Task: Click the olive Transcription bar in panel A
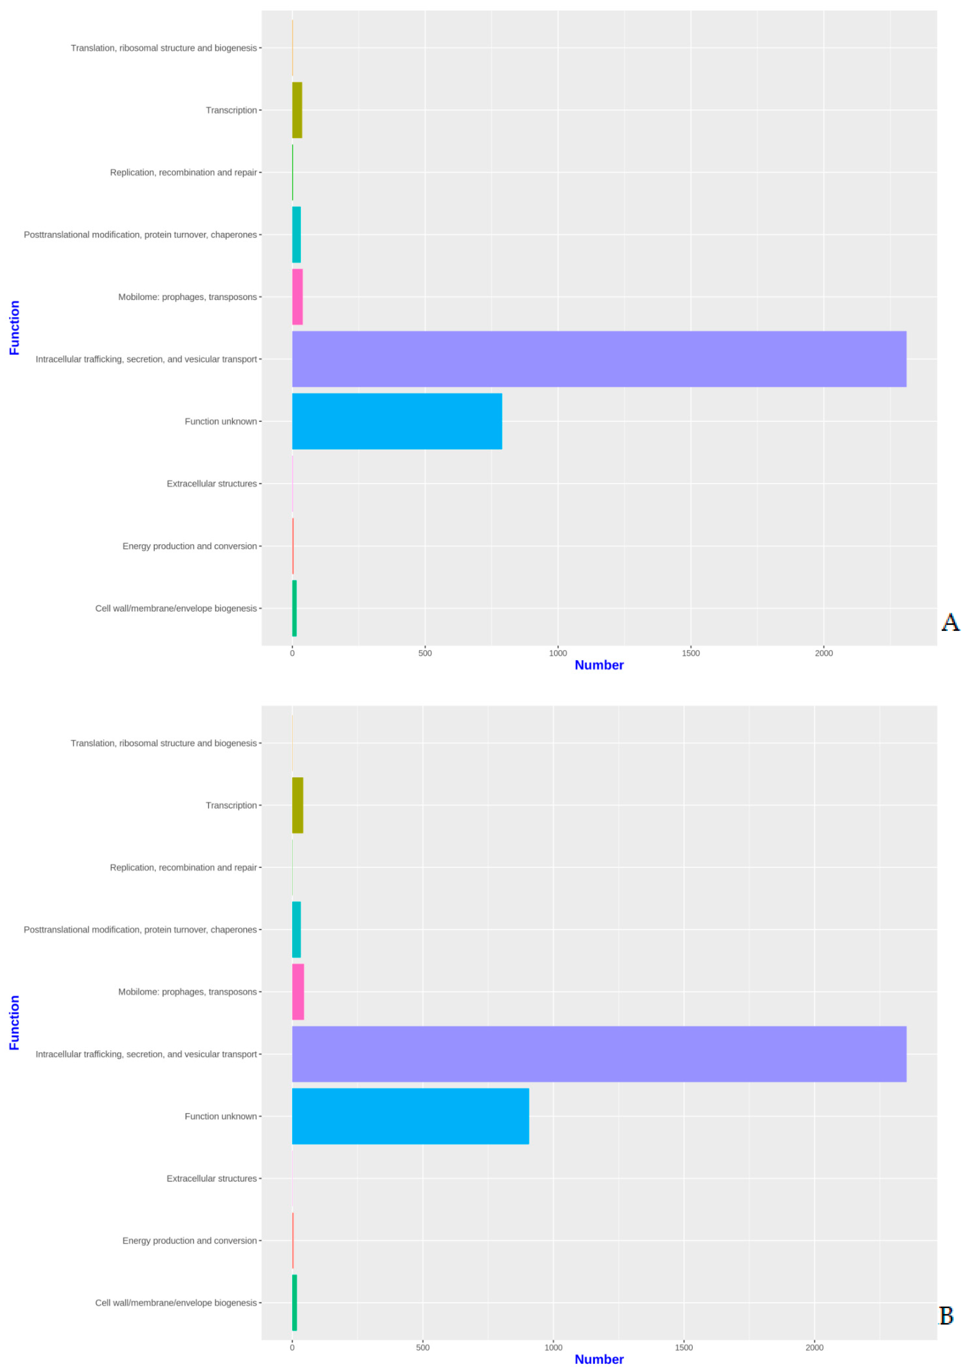(x=297, y=110)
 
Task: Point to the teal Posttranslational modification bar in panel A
(x=296, y=235)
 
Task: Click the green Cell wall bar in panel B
(x=294, y=1302)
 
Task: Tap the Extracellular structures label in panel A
(x=211, y=484)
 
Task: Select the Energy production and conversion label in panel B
(x=189, y=1240)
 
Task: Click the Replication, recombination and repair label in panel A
(x=183, y=173)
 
